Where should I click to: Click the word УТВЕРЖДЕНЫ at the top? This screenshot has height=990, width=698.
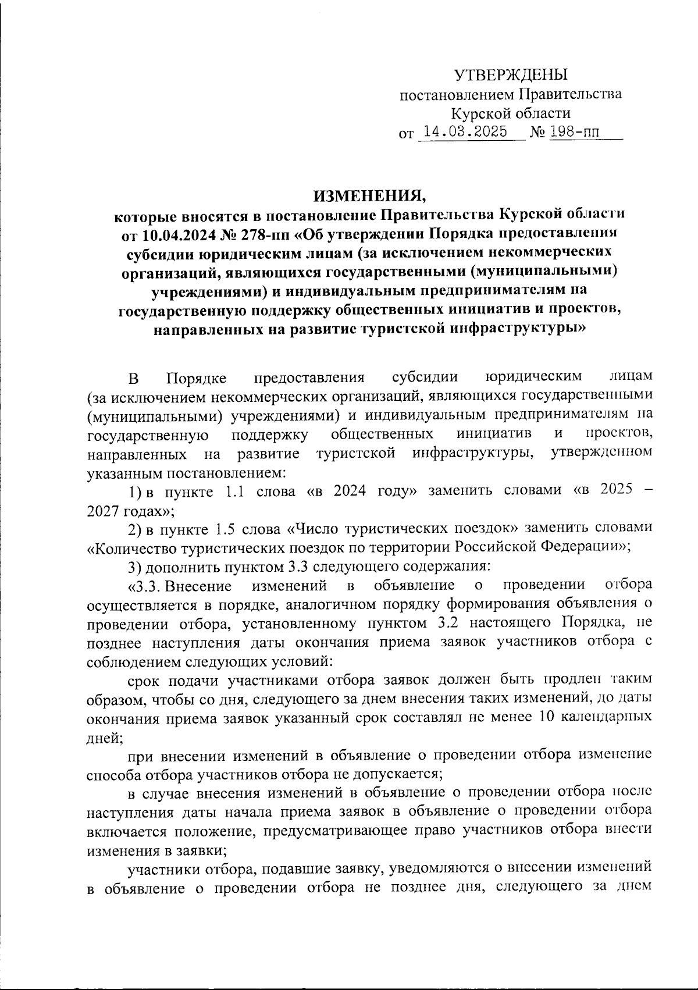pos(510,75)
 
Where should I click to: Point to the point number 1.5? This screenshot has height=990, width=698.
pos(225,529)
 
